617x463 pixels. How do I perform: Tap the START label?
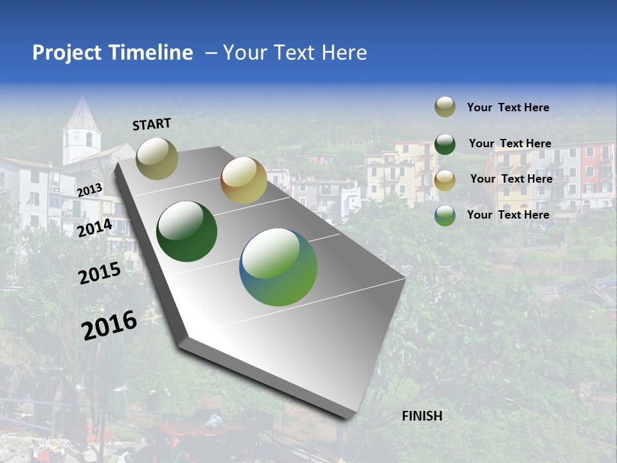152,123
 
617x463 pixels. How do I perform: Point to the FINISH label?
422,416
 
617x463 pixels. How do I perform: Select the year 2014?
94,228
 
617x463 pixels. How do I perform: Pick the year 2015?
99,273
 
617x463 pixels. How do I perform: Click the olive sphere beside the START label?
157,158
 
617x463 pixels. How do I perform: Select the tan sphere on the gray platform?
244,180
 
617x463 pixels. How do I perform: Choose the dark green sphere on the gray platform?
187,232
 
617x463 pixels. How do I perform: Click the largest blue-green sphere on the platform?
278,267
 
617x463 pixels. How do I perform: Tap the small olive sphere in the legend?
445,107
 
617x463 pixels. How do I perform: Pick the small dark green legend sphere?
445,144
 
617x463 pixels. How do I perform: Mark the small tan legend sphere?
445,180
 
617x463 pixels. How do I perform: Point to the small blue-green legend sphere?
445,215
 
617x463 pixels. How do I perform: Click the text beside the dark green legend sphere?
510,143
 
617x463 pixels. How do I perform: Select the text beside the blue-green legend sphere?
508,215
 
